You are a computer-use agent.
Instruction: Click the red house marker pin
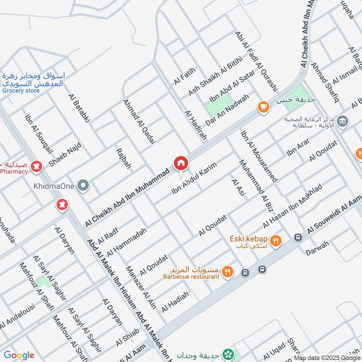180,163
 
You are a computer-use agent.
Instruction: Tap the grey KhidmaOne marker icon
83,186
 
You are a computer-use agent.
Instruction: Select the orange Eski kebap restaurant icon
275,241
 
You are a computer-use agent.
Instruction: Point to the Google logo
19,355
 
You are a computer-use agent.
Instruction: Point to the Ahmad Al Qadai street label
139,122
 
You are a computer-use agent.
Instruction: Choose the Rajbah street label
124,158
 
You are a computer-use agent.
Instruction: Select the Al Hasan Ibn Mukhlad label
293,206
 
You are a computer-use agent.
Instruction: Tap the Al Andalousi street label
17,316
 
